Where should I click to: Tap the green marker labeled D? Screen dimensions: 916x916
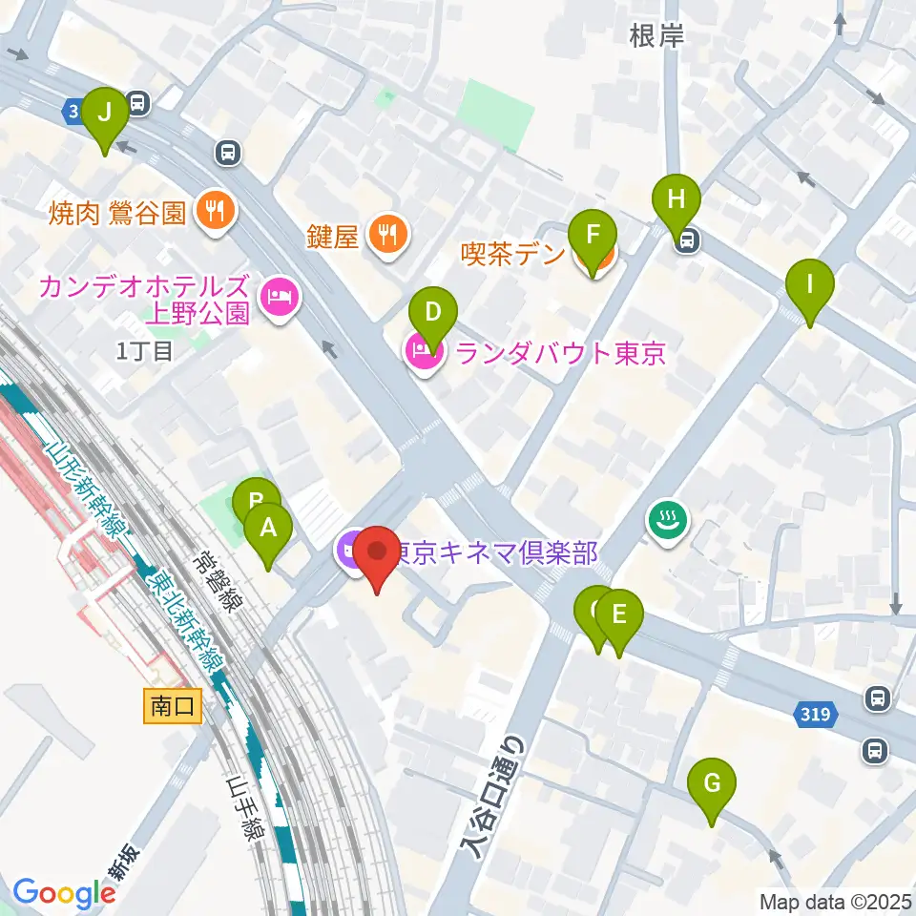tap(433, 312)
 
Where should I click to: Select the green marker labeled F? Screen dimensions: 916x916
tap(593, 236)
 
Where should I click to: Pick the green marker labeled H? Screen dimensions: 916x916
tap(677, 200)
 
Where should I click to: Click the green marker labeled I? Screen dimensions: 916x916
tap(810, 284)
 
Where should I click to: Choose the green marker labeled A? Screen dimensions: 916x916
tap(268, 528)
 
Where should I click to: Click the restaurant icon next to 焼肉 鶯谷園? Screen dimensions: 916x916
tap(216, 212)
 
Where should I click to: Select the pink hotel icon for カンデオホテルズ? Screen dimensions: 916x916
tap(280, 300)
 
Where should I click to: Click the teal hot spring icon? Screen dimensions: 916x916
tap(664, 521)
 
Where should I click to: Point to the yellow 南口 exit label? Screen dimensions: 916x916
tap(174, 706)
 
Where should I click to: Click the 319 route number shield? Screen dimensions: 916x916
tap(817, 713)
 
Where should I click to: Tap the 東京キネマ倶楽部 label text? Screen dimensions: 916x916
tap(496, 552)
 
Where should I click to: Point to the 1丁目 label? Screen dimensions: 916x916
tap(144, 351)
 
